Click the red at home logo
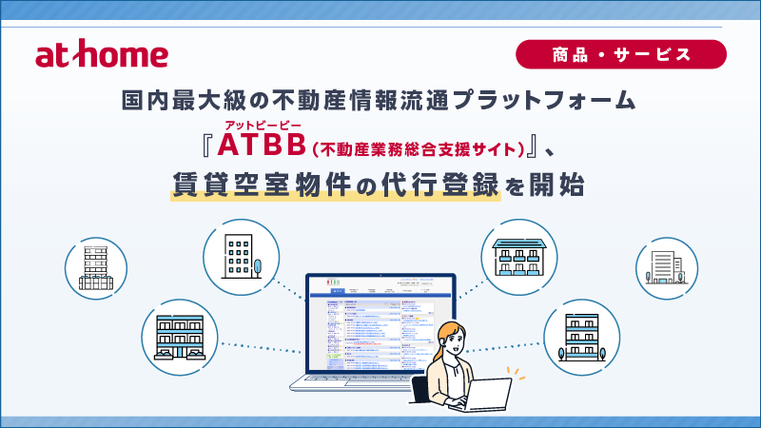[102, 54]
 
